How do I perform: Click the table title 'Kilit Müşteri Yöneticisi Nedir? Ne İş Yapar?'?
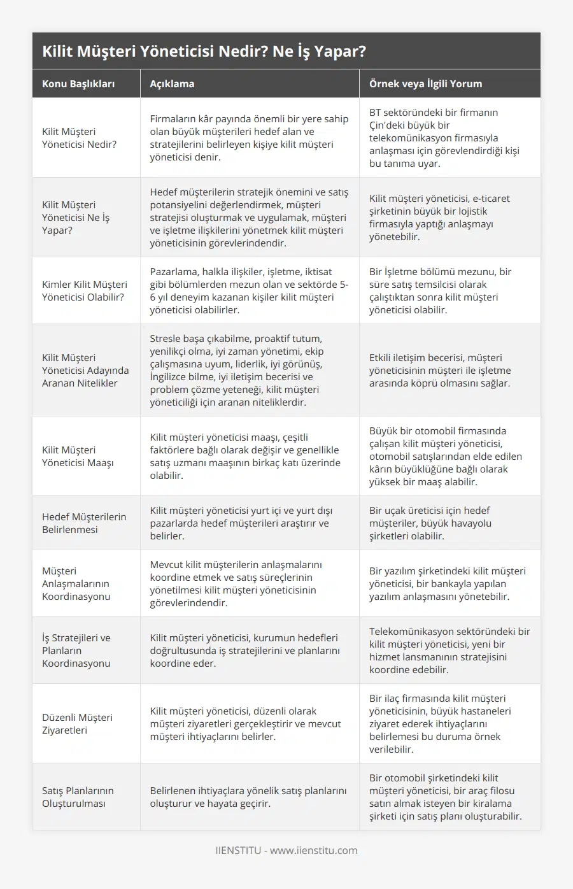pos(204,52)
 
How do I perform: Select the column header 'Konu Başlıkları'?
pos(78,83)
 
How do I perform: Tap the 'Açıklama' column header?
pos(172,83)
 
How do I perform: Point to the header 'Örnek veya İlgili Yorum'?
pos(425,83)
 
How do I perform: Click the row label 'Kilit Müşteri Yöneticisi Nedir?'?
pos(80,138)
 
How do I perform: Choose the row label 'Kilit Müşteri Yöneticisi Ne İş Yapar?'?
pos(76,217)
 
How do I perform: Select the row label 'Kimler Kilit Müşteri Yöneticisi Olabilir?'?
pos(85,290)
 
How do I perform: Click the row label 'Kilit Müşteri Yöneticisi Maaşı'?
pos(78,456)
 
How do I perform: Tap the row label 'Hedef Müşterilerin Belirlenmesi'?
pos(84,523)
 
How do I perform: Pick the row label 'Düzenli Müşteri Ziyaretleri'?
pos(77,723)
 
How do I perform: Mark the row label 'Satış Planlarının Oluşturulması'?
pos(78,797)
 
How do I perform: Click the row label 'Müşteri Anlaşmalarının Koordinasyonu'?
pos(76,583)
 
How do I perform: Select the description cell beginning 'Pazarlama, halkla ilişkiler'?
pos(249,290)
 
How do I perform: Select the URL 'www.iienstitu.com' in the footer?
pos(313,850)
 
